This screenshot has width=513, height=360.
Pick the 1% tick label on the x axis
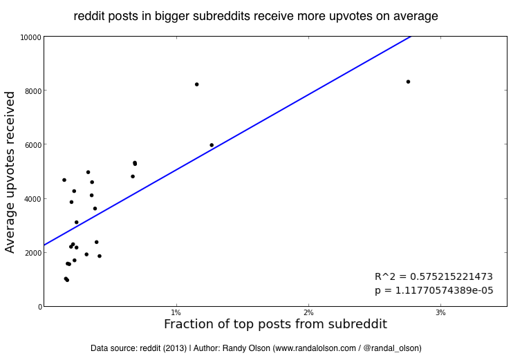click(x=176, y=313)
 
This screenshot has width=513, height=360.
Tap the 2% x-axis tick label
click(x=308, y=313)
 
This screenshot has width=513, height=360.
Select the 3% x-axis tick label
click(x=441, y=313)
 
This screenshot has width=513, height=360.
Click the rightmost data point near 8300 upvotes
click(x=408, y=82)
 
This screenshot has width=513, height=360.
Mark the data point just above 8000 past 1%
click(x=196, y=84)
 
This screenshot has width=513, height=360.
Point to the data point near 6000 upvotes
click(x=212, y=145)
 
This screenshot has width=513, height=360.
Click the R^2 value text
click(x=433, y=276)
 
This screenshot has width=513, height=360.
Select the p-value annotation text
click(x=433, y=291)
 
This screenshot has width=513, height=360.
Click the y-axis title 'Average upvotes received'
click(x=10, y=173)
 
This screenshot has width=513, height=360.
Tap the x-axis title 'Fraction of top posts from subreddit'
click(x=275, y=324)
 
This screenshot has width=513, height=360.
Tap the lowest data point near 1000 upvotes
click(x=67, y=280)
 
